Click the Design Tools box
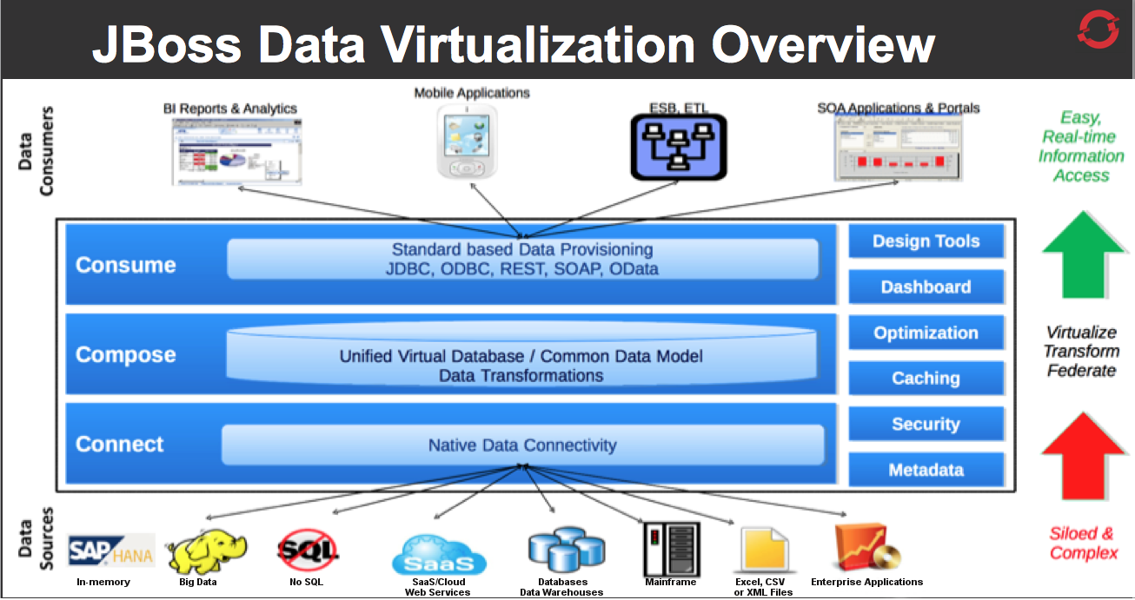(x=926, y=241)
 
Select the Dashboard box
(x=926, y=287)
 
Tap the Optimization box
(x=926, y=333)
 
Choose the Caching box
(x=926, y=379)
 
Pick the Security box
(x=926, y=425)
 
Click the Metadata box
(x=926, y=471)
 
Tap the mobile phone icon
(x=467, y=142)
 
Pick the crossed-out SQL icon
(x=307, y=550)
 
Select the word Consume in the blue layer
(x=126, y=265)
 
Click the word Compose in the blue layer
(x=126, y=355)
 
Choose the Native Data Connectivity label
(x=522, y=445)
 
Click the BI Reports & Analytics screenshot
(x=236, y=152)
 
